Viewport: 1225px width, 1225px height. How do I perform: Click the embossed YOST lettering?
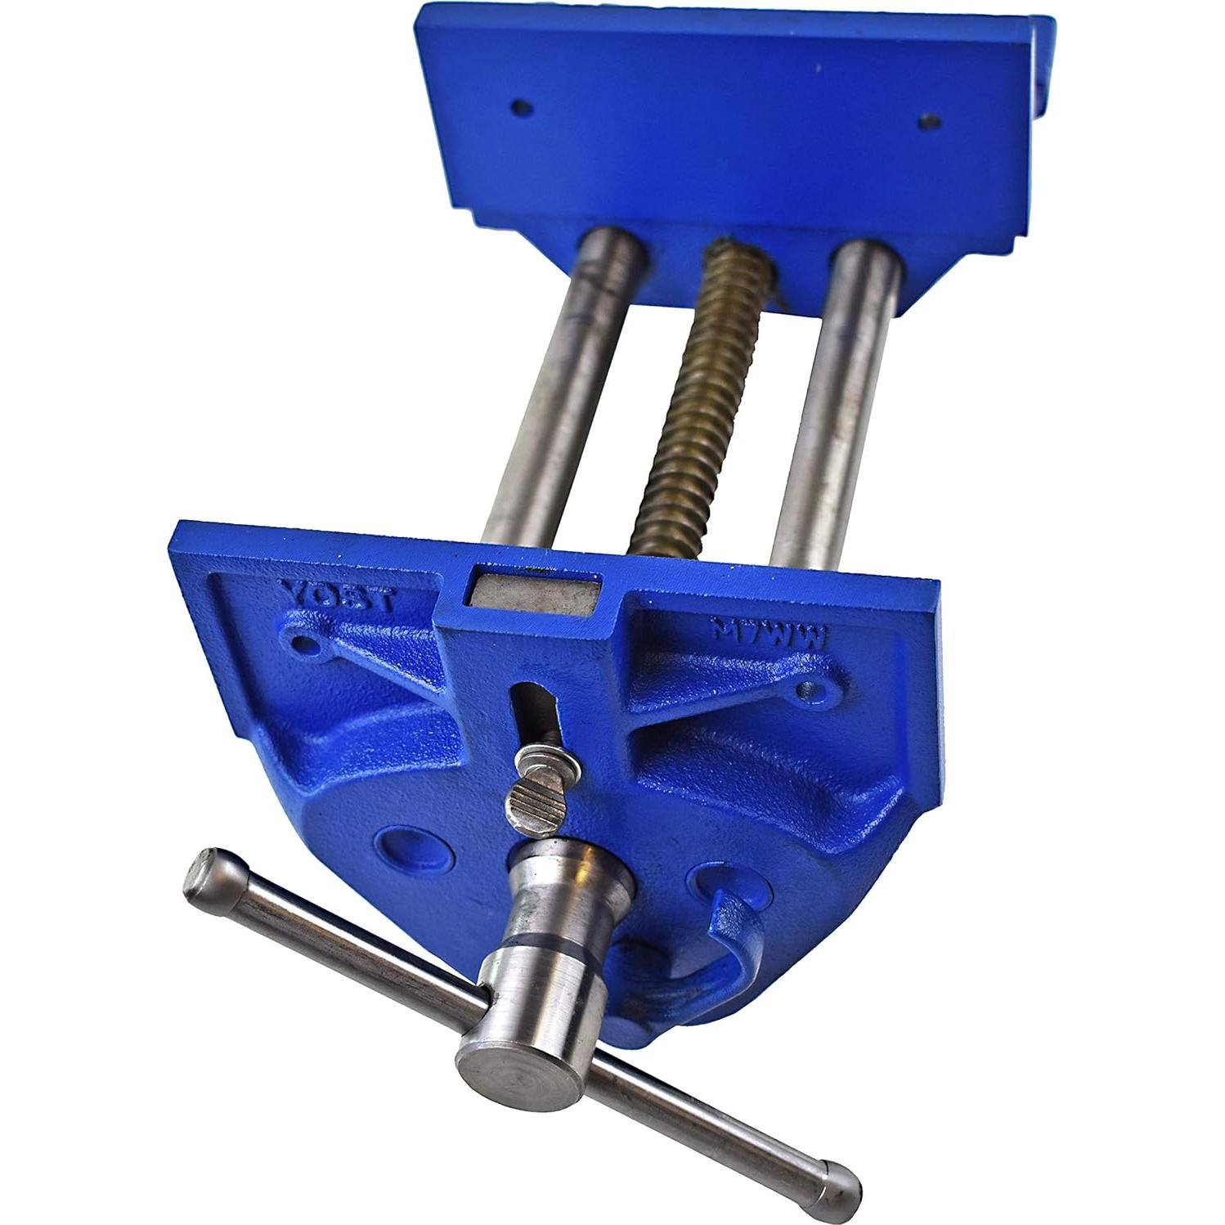pos(337,593)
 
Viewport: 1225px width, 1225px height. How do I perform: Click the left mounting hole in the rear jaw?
pos(517,106)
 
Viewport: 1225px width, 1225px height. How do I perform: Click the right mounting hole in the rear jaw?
pos(926,120)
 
